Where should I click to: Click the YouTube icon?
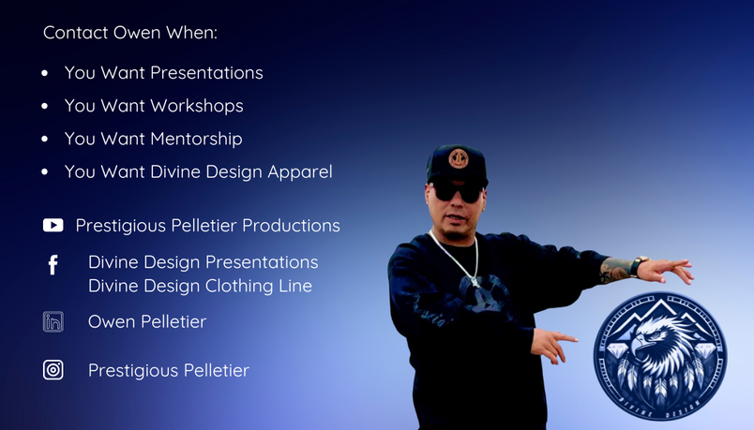click(53, 226)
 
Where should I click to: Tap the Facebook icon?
click(53, 265)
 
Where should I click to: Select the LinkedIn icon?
click(53, 322)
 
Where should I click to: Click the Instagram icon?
click(53, 370)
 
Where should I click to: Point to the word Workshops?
click(197, 106)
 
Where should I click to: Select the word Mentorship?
click(196, 139)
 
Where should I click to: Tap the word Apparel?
click(300, 172)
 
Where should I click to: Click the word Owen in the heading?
click(137, 33)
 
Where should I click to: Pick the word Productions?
click(291, 226)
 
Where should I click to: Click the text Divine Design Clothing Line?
click(200, 286)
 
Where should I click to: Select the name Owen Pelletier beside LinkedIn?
click(147, 321)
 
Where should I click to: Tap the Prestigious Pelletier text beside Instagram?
click(169, 370)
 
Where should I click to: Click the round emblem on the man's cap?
click(459, 158)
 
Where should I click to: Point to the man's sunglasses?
click(457, 192)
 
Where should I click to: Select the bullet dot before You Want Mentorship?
click(45, 139)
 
